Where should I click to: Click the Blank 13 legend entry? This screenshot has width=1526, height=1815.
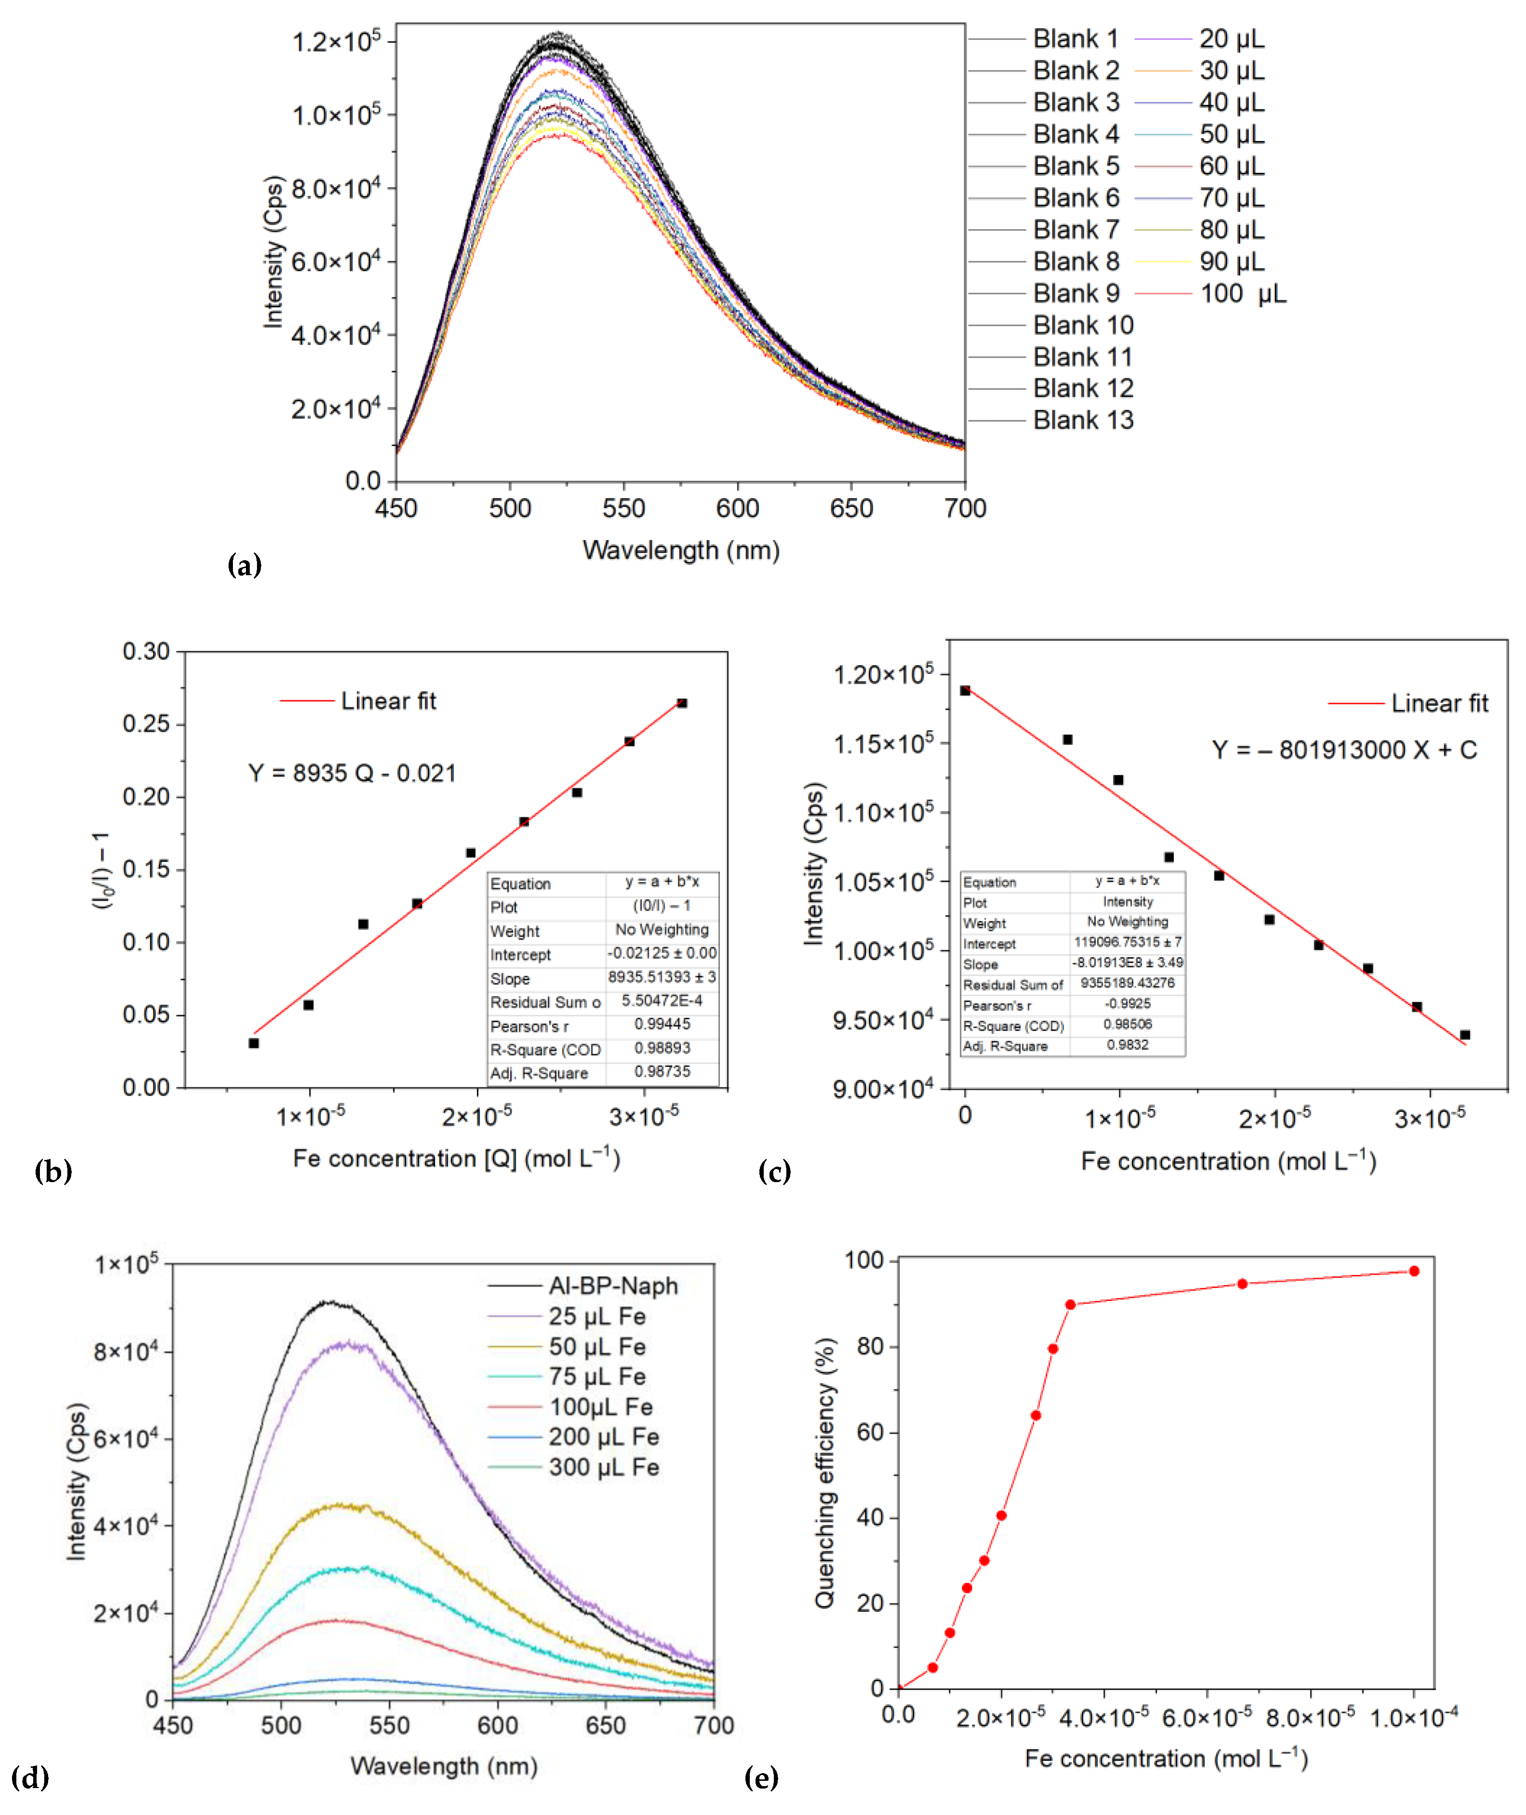coord(1082,421)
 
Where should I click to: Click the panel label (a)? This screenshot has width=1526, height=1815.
coord(244,566)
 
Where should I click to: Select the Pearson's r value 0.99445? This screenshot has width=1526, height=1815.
coord(662,1024)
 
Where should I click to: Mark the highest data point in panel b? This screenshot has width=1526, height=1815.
coord(682,703)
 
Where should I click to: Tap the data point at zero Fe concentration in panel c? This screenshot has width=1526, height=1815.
coord(965,690)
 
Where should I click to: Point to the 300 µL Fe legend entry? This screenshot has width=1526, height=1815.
coord(603,1468)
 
